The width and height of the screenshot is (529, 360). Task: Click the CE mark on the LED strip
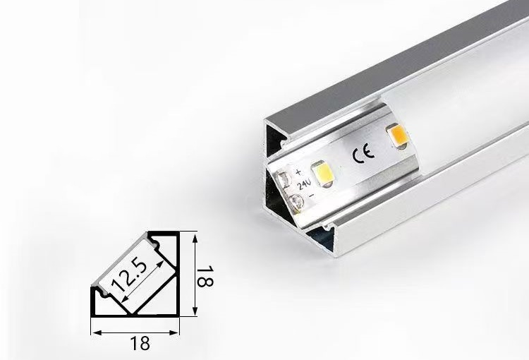click(x=363, y=154)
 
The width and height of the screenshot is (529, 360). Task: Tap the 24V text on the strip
click(x=303, y=185)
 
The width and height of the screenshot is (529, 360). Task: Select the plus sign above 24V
click(x=298, y=172)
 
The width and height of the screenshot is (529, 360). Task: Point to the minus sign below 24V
click(x=311, y=196)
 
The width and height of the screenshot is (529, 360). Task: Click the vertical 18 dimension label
click(x=205, y=276)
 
